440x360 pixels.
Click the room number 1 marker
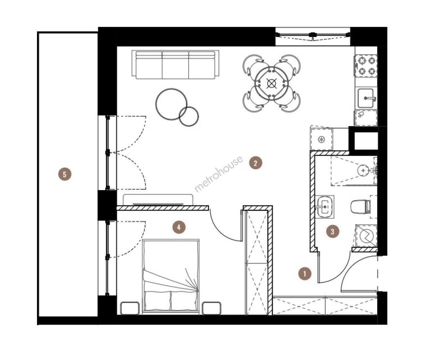pyautogui.click(x=305, y=274)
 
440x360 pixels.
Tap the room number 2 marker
pyautogui.click(x=256, y=163)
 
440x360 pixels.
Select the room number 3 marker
pyautogui.click(x=332, y=231)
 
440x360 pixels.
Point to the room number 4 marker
pyautogui.click(x=179, y=227)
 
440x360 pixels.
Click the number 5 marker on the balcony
pyautogui.click(x=65, y=174)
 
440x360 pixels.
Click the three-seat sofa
pyautogui.click(x=175, y=64)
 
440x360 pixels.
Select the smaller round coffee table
pyautogui.click(x=189, y=116)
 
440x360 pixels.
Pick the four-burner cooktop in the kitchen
pyautogui.click(x=366, y=66)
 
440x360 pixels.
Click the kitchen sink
pyautogui.click(x=367, y=98)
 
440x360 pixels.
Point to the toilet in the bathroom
pyautogui.click(x=361, y=207)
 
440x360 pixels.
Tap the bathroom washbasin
pyautogui.click(x=324, y=207)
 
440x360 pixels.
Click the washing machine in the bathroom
pyautogui.click(x=366, y=236)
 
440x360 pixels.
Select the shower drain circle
pyautogui.click(x=363, y=171)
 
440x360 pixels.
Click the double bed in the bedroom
pyautogui.click(x=171, y=277)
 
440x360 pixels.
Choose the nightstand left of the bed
pyautogui.click(x=130, y=308)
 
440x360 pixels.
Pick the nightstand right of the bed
pyautogui.click(x=212, y=308)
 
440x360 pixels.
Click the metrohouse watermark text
pyautogui.click(x=219, y=174)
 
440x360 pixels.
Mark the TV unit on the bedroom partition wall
pyautogui.click(x=158, y=200)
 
